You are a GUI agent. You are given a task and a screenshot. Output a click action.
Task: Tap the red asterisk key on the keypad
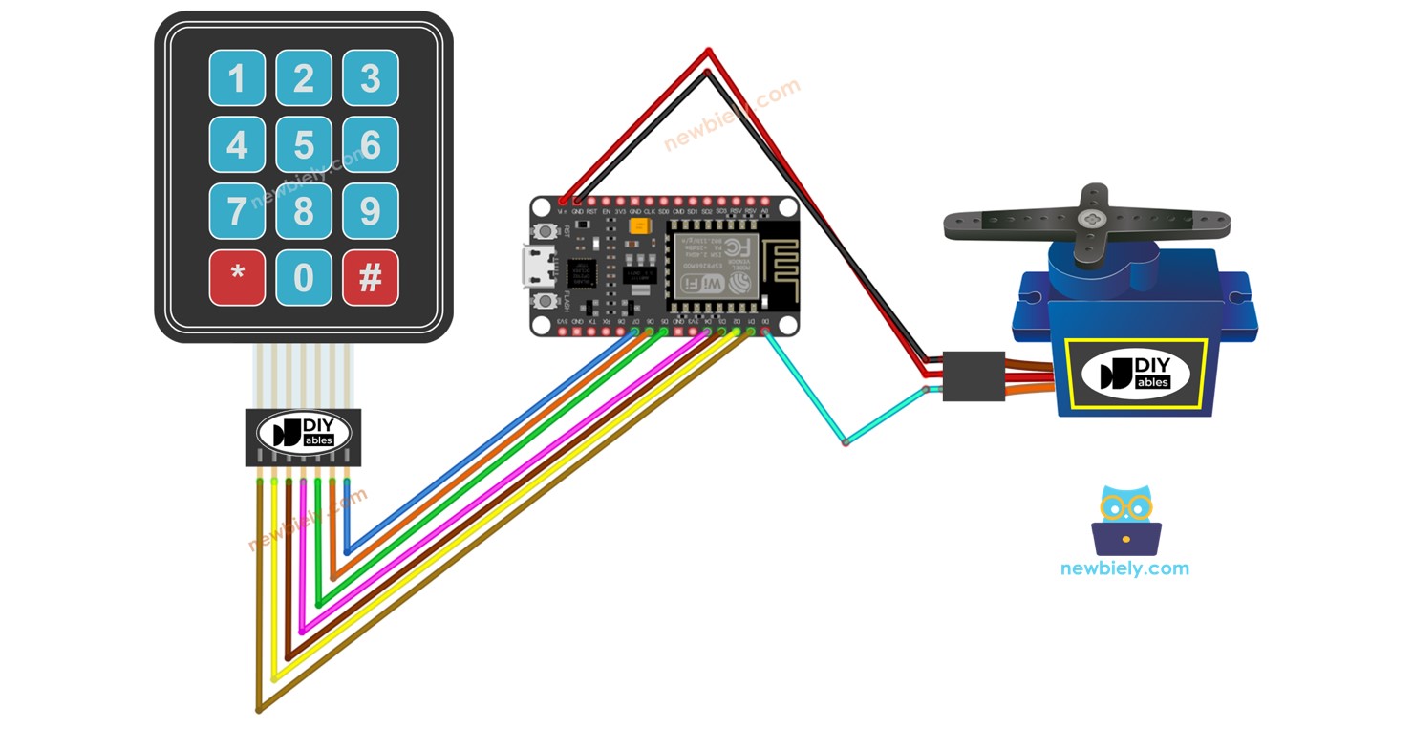click(x=237, y=278)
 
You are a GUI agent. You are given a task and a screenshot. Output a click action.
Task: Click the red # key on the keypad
click(x=370, y=278)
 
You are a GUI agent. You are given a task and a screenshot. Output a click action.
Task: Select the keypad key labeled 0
click(x=304, y=278)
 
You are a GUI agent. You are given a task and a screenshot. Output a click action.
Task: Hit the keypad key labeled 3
click(x=370, y=77)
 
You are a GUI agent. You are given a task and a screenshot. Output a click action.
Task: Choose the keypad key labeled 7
click(x=237, y=211)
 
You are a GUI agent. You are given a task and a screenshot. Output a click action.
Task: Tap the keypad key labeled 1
click(x=237, y=77)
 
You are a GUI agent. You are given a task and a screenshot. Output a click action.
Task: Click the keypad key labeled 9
click(x=370, y=211)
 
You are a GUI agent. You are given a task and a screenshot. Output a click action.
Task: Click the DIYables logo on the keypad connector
click(x=304, y=434)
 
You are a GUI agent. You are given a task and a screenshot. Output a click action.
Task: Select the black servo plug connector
click(x=974, y=375)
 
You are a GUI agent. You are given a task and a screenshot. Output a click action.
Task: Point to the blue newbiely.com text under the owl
click(x=1124, y=568)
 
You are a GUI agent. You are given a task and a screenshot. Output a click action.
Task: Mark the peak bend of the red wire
click(x=708, y=50)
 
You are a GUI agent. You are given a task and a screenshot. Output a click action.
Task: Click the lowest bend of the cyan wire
click(x=845, y=443)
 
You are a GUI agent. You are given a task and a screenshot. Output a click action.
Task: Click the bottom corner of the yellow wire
click(x=274, y=679)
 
